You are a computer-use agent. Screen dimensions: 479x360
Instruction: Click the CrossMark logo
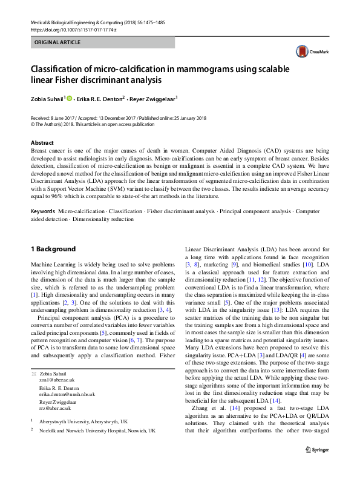click(x=310, y=53)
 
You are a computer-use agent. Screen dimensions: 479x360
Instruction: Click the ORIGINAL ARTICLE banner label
click(x=58, y=42)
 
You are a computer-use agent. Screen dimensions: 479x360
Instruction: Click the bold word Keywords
click(x=43, y=211)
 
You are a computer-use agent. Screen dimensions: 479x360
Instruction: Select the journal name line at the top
click(x=97, y=21)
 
